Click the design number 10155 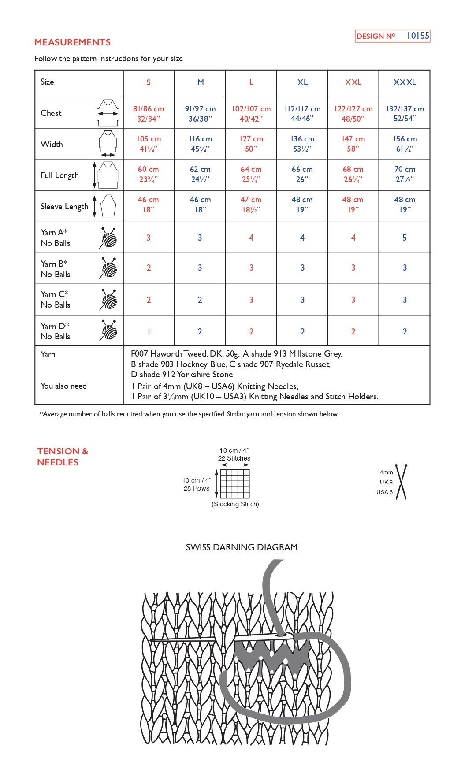417,36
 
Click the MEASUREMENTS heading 72,42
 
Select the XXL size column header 353,82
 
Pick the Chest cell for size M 200,113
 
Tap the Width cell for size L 251,144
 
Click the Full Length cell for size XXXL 405,174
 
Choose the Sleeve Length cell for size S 148,204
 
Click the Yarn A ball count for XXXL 405,238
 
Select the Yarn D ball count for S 149,331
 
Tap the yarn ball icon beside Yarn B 109,268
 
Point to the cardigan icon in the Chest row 108,113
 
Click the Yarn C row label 55,299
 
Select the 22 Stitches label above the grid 234,458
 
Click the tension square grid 234,483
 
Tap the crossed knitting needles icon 401,482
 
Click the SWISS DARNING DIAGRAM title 242,547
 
